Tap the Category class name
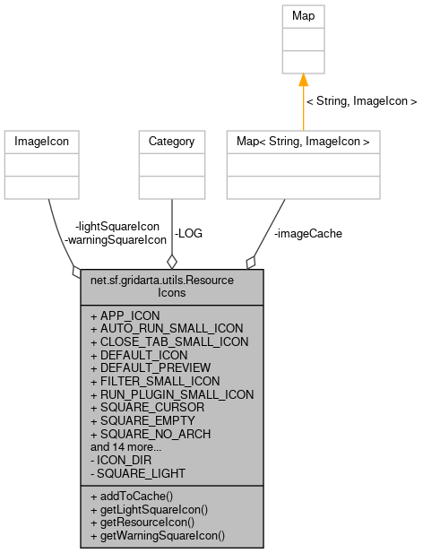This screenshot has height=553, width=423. click(x=171, y=141)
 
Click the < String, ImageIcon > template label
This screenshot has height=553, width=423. click(x=361, y=101)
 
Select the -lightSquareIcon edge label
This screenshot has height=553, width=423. click(x=117, y=226)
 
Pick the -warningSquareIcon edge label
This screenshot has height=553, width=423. click(x=116, y=239)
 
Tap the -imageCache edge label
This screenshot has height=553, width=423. click(x=307, y=233)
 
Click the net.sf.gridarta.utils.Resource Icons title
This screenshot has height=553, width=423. click(x=172, y=285)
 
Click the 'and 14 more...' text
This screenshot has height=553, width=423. click(x=125, y=445)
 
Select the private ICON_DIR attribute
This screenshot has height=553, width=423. click(x=121, y=459)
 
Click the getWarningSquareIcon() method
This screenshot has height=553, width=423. click(x=158, y=535)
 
